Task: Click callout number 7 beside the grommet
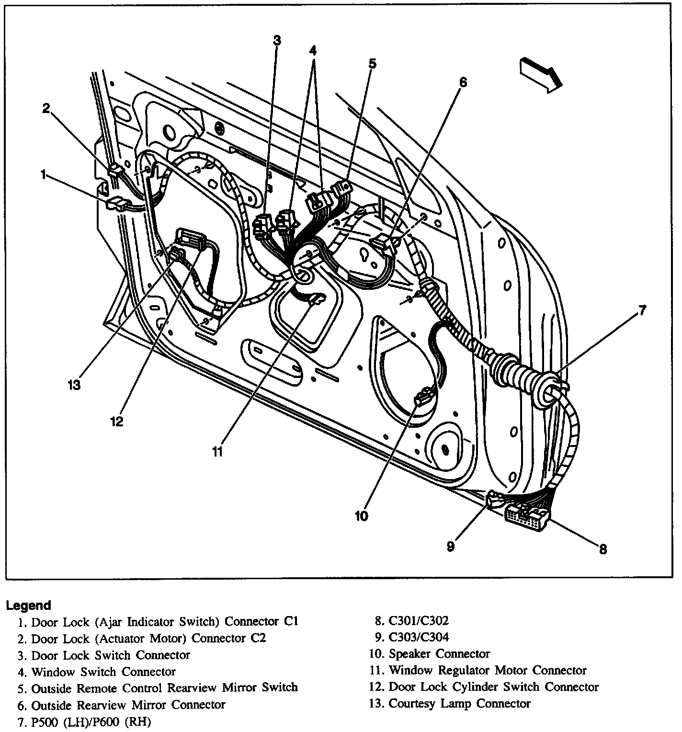[x=643, y=311]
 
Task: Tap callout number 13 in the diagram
[x=74, y=384]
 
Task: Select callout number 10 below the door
[x=362, y=516]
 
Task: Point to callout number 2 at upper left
[x=46, y=109]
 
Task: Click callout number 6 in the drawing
[x=462, y=82]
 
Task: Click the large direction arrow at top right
[x=540, y=74]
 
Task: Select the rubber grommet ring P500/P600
[x=551, y=386]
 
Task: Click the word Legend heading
[x=28, y=605]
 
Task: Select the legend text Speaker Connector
[x=439, y=654]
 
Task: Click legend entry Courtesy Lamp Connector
[x=459, y=704]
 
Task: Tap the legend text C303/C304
[x=419, y=637]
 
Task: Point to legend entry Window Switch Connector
[x=103, y=672]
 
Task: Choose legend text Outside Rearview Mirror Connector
[x=128, y=705]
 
